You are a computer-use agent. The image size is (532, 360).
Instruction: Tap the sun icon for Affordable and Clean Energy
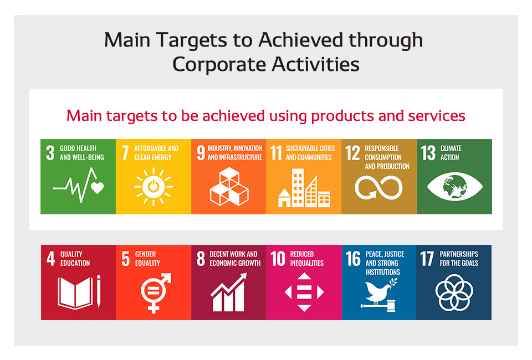(x=154, y=187)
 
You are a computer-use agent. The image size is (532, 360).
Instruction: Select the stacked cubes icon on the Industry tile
(x=229, y=187)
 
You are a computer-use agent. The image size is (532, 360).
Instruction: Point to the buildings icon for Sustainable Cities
(x=304, y=188)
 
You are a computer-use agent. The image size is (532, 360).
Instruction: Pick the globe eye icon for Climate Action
(x=454, y=187)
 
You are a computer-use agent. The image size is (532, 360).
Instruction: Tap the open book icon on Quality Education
(x=75, y=293)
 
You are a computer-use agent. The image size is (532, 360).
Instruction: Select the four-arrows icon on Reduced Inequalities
(x=304, y=292)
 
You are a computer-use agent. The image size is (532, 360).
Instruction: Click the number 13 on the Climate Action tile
(x=428, y=153)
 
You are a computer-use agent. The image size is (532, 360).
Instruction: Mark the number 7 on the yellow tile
(x=125, y=153)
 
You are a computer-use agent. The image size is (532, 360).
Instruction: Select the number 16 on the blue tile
(x=353, y=259)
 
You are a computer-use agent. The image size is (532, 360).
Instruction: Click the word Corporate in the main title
(x=219, y=64)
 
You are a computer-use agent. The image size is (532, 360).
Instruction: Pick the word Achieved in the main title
(x=300, y=40)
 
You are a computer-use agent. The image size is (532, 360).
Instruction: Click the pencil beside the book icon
(x=99, y=291)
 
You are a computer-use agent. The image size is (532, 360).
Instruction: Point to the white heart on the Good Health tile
(x=97, y=187)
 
